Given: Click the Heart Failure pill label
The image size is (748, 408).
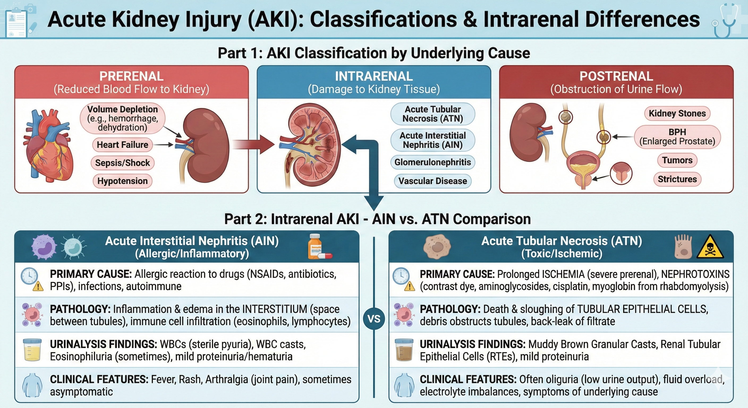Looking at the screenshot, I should [122, 144].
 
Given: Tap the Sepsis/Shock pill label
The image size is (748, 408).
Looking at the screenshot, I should [122, 163].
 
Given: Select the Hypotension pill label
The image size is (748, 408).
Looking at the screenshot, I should [122, 181].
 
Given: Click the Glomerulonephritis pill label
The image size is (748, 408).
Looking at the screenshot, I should [432, 162].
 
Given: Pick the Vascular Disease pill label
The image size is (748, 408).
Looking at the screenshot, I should [432, 181].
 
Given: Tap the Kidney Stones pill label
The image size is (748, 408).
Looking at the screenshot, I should [677, 113].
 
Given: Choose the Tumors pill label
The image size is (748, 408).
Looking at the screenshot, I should [677, 160].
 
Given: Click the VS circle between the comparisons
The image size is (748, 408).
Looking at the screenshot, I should [374, 319].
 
